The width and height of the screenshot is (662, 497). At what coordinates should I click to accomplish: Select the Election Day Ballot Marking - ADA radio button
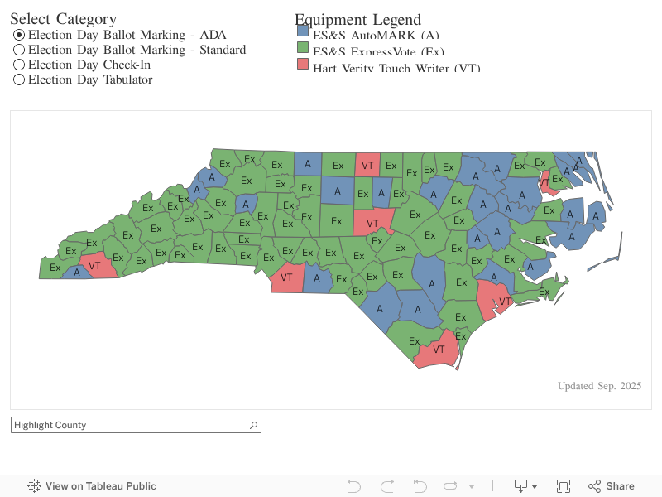click(19, 35)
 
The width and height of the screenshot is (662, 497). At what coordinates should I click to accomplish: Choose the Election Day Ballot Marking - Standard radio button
click(19, 50)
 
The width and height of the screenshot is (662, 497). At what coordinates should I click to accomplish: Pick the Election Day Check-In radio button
click(19, 65)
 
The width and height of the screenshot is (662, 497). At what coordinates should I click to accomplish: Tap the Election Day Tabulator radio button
click(19, 80)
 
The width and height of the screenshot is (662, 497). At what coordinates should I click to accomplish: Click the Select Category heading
click(63, 19)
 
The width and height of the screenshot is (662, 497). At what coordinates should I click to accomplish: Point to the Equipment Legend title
click(357, 20)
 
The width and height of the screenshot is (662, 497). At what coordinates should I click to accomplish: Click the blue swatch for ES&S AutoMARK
click(303, 31)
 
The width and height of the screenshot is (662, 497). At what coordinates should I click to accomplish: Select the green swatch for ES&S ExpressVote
click(303, 49)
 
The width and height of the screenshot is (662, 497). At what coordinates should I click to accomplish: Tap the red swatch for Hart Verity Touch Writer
click(303, 65)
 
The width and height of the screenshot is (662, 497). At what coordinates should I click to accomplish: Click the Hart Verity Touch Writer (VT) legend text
click(396, 67)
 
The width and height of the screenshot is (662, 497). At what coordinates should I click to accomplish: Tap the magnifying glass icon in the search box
click(253, 425)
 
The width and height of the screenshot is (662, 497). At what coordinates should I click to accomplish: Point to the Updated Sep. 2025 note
click(599, 386)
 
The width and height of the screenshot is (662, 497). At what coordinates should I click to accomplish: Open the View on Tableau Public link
click(100, 486)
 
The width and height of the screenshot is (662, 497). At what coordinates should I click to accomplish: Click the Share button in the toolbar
click(612, 486)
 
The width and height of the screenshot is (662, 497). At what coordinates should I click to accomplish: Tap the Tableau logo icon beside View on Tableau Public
click(35, 486)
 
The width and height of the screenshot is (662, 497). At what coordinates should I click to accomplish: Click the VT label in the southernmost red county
click(439, 350)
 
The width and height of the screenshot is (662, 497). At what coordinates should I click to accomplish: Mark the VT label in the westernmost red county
click(94, 266)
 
